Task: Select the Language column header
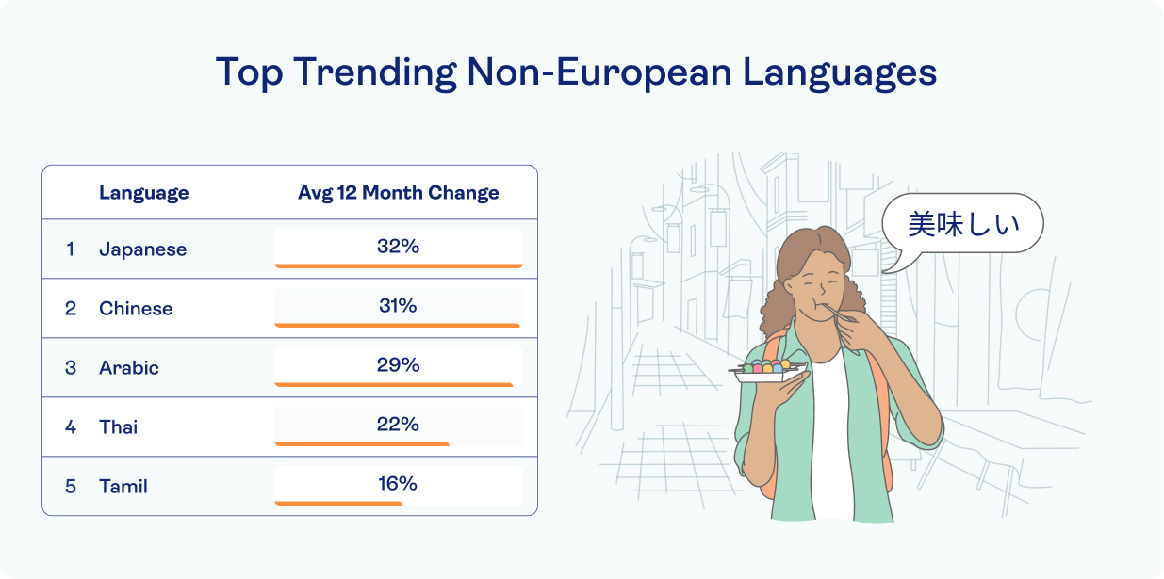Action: (x=143, y=193)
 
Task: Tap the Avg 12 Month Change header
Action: (x=398, y=193)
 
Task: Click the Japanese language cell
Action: (x=142, y=249)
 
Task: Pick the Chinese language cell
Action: (x=136, y=309)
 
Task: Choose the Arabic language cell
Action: (x=129, y=368)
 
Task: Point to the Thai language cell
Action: (x=119, y=427)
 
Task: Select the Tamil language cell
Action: (x=123, y=487)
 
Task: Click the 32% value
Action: (x=398, y=246)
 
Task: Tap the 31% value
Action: (x=398, y=305)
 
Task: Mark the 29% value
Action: (x=398, y=364)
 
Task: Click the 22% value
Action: (x=398, y=424)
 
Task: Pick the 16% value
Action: (x=398, y=483)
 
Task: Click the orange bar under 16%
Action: (x=338, y=504)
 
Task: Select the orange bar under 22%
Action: (x=362, y=443)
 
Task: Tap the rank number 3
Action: (x=71, y=368)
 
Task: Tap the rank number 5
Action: (x=71, y=487)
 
